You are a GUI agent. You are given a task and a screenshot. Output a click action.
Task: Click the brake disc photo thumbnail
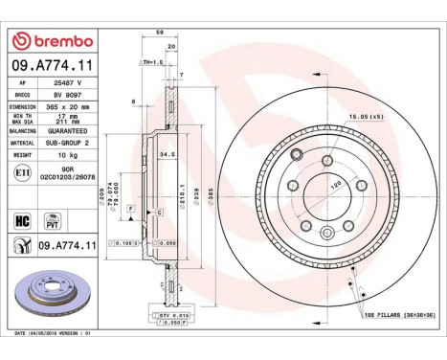click(x=50, y=301)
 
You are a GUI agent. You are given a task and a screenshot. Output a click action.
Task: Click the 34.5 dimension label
click(x=164, y=153)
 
